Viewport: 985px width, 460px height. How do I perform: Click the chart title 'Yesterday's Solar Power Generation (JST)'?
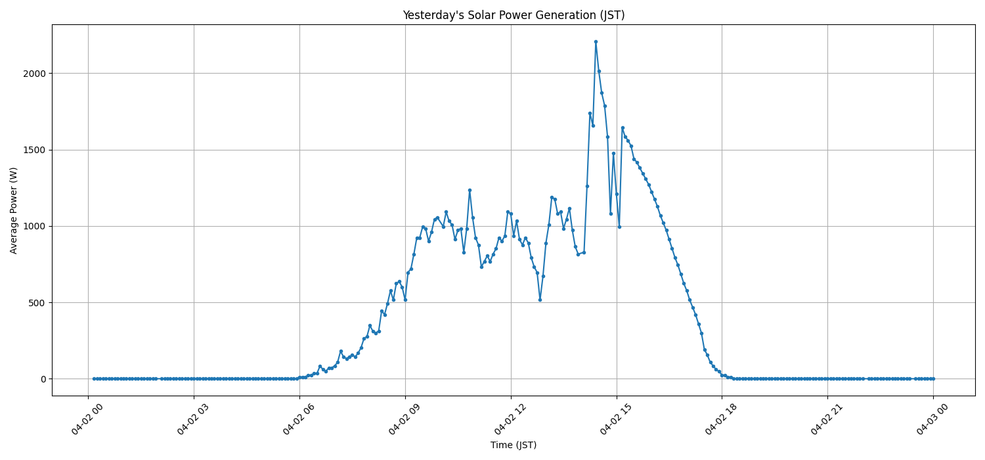click(513, 15)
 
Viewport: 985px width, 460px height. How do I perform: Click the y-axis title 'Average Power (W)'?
click(14, 210)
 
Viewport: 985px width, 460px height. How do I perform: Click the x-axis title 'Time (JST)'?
click(513, 445)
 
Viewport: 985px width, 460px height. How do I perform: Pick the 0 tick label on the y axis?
click(43, 379)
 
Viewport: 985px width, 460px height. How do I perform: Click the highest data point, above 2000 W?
click(596, 41)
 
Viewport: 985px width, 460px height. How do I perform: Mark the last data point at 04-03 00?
click(933, 379)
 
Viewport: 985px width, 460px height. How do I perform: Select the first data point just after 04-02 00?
click(94, 379)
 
